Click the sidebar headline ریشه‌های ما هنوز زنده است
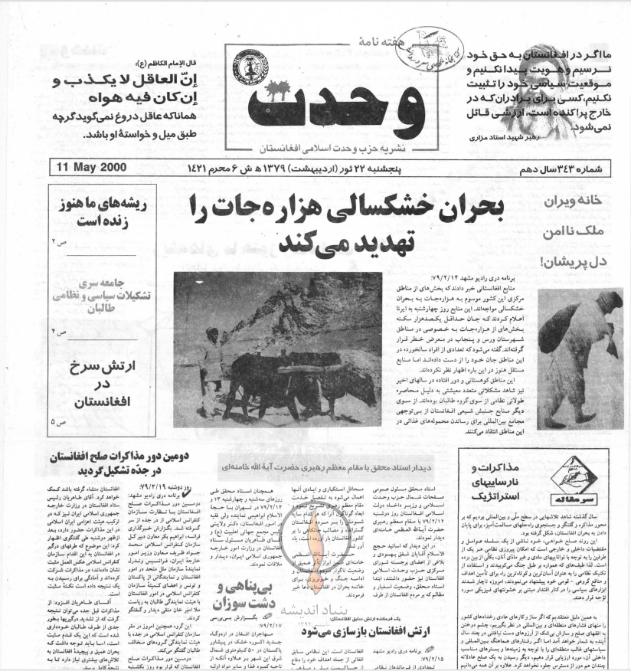point(96,214)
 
